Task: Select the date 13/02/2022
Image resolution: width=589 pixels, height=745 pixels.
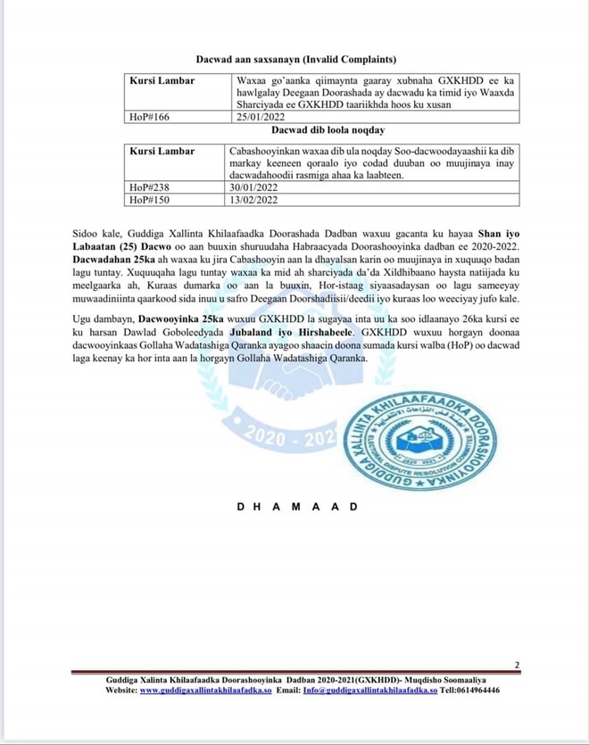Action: point(255,200)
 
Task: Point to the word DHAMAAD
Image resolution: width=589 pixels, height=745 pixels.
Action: point(298,507)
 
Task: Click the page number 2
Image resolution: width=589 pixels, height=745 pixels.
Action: point(517,665)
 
